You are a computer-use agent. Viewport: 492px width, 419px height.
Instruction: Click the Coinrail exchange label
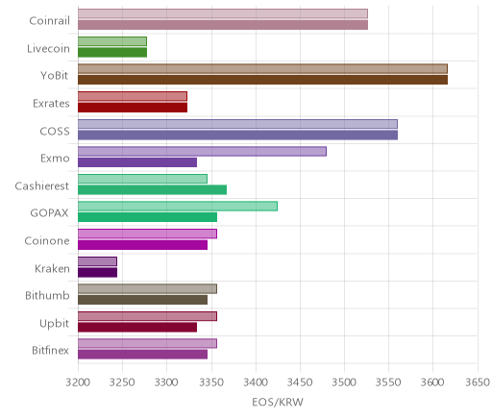click(49, 21)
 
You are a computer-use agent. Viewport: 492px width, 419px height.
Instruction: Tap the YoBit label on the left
click(55, 76)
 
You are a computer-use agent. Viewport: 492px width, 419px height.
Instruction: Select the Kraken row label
click(52, 268)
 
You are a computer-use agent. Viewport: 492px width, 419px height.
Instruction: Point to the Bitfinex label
click(51, 350)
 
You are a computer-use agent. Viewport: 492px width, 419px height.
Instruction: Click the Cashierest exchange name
click(42, 185)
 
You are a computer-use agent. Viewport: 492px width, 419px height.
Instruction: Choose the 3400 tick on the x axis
click(256, 382)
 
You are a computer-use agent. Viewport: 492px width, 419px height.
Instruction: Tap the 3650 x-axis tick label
click(478, 382)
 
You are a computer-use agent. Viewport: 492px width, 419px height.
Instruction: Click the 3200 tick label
click(78, 382)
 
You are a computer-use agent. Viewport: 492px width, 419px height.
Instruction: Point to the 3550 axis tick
click(388, 382)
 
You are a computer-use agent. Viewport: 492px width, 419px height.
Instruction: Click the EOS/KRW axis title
click(278, 402)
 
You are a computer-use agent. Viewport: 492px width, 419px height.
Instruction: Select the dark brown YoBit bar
click(262, 80)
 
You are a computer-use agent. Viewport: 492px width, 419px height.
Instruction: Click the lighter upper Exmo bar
click(202, 152)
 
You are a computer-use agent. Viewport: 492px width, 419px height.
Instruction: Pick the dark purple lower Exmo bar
click(137, 162)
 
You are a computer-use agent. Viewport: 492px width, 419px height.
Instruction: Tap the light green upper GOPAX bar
click(178, 207)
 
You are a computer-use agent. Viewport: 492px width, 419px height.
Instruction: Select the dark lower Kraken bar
click(97, 273)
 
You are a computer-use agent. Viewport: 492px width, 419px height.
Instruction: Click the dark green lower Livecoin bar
click(112, 53)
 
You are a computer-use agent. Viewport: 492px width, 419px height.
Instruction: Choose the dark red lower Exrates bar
click(133, 108)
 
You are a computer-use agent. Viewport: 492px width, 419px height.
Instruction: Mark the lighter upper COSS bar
click(237, 124)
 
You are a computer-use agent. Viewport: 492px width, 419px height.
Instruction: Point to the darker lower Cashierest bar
click(152, 190)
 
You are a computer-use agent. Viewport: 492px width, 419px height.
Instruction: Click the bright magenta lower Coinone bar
click(142, 245)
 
